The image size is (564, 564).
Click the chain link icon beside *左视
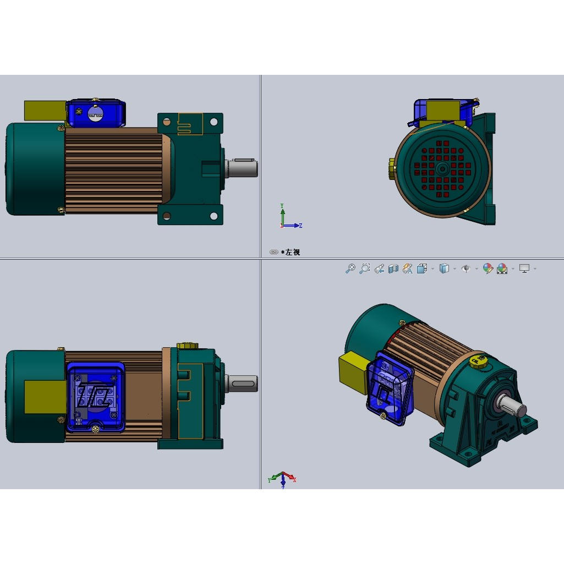click(x=274, y=252)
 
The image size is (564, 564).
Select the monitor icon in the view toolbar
click(x=524, y=269)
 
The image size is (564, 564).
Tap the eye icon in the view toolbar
click(x=466, y=269)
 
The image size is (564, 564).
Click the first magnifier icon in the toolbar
click(x=350, y=269)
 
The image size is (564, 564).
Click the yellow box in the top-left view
click(x=44, y=110)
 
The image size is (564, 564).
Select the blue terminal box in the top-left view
click(x=96, y=113)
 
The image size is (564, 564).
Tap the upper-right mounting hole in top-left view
click(x=213, y=122)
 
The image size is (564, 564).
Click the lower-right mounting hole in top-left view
click(x=213, y=216)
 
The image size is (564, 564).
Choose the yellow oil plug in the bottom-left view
click(x=187, y=346)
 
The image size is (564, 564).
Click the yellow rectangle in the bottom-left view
click(x=45, y=397)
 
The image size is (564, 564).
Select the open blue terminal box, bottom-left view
click(x=96, y=396)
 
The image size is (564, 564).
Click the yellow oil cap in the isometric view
click(x=478, y=362)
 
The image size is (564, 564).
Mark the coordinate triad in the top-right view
click(x=287, y=218)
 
